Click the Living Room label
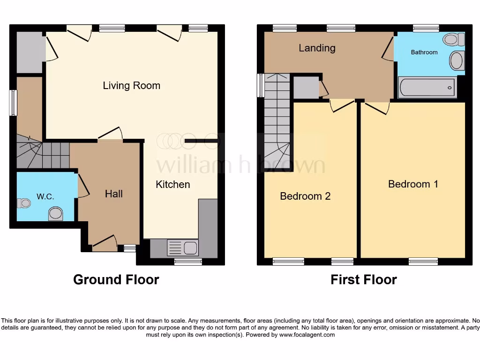coord(131,85)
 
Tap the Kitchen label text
coord(173,184)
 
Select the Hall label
coord(114,194)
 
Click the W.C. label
coord(45,197)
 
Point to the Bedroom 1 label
coord(413,184)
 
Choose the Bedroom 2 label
coord(305,196)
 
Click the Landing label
coord(317,48)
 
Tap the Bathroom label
coord(424,52)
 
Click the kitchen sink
coord(191,247)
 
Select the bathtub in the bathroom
coord(427,87)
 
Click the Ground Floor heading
coord(116,280)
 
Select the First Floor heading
coord(364,280)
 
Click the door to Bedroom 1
coord(377,107)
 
